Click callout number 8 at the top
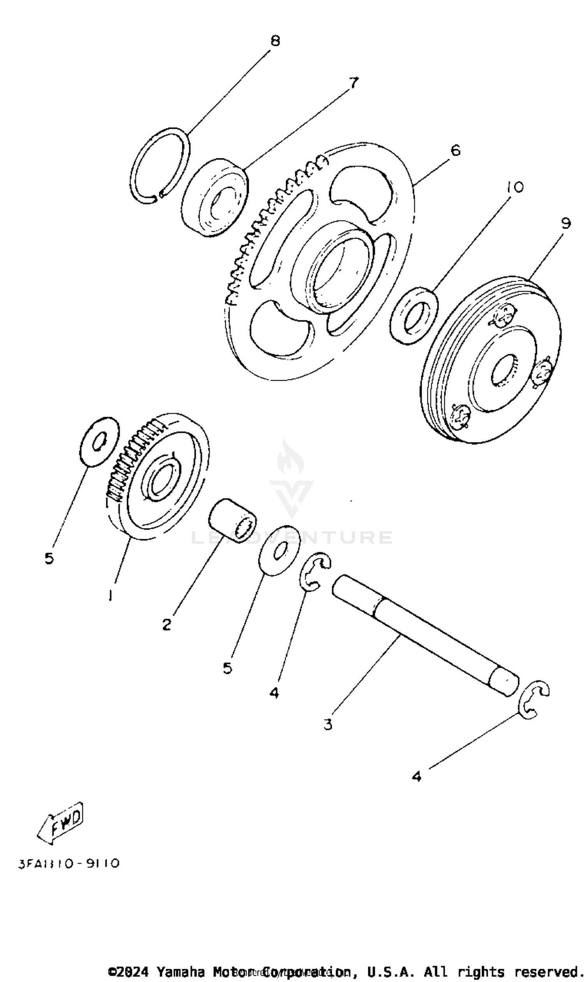275,40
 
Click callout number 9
565,223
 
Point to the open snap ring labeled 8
159,165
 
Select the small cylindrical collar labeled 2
232,520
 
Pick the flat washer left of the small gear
99,442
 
